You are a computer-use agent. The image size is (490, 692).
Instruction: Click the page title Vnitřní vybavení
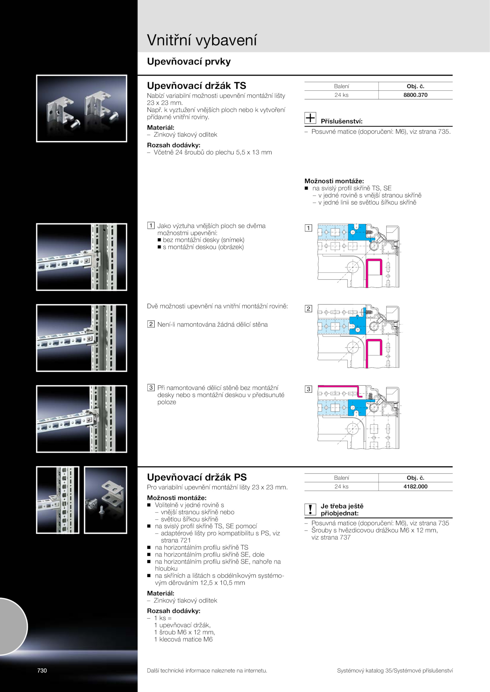point(202,40)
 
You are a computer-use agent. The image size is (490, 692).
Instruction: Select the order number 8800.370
point(415,95)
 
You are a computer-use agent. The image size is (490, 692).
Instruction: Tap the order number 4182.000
point(415,486)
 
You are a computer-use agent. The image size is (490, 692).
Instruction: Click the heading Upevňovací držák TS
point(196,85)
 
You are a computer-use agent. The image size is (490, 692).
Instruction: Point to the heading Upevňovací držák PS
point(197,477)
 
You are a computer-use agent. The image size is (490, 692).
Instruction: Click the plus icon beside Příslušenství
point(310,118)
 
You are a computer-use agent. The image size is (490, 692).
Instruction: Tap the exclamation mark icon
point(310,509)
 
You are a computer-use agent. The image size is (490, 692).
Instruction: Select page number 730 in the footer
point(42,670)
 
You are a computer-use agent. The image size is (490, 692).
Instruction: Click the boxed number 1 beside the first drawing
point(308,228)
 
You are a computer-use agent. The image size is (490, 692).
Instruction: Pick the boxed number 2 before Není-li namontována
point(151,324)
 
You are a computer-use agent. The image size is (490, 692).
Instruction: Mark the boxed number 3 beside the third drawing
point(308,389)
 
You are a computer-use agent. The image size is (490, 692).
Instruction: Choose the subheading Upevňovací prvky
point(189,61)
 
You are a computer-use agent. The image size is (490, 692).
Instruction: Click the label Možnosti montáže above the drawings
point(334,181)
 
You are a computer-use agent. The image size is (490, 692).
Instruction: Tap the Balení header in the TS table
point(341,86)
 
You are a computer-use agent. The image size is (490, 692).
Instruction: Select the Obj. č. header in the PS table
point(415,478)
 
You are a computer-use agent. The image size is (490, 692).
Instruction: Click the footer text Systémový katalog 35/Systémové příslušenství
point(395,671)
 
